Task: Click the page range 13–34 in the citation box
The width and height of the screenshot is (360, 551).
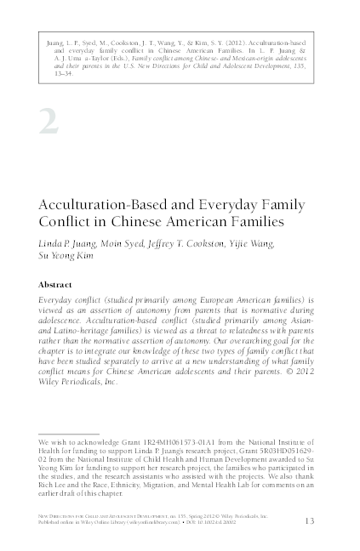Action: tap(62, 73)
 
